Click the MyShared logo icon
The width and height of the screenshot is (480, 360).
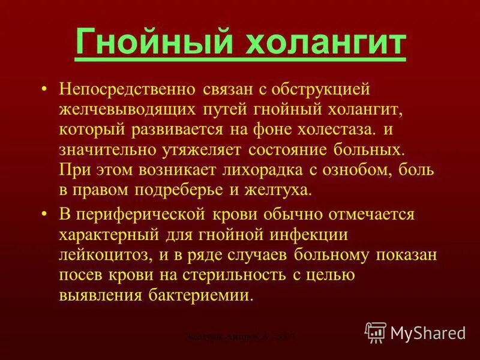[x=375, y=332]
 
